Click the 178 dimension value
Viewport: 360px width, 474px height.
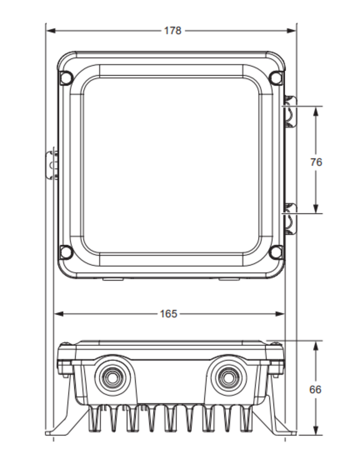tap(172, 31)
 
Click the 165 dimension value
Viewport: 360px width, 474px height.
tap(168, 314)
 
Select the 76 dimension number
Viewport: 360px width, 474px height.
tap(316, 162)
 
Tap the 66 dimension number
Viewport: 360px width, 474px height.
tap(315, 389)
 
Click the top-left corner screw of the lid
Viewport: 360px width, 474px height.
tap(66, 77)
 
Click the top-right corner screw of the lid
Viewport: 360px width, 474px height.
tap(276, 77)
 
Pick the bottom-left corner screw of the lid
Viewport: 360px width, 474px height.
tap(66, 252)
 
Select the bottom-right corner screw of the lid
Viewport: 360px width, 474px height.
tap(276, 252)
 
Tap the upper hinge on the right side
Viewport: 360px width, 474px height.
tap(290, 112)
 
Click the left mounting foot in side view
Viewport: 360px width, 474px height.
tap(64, 424)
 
